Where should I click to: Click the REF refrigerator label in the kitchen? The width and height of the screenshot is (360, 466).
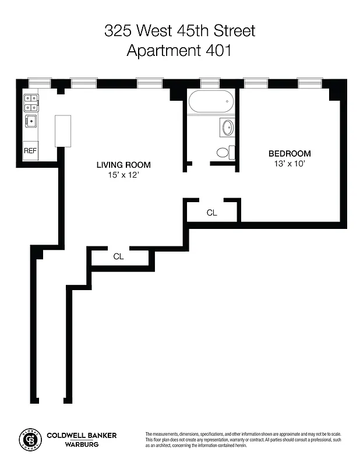(30, 150)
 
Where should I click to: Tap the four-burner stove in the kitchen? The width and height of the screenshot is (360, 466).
(31, 103)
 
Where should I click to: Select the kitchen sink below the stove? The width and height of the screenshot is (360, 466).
(30, 121)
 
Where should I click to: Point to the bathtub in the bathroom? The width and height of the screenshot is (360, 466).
(211, 103)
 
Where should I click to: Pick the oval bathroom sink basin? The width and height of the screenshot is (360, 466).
(226, 128)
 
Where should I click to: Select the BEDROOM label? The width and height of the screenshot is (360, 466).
(290, 154)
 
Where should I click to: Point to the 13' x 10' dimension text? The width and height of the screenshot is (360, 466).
(290, 164)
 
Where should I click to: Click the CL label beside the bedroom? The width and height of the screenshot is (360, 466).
(212, 213)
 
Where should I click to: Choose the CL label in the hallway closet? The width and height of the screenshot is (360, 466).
(118, 256)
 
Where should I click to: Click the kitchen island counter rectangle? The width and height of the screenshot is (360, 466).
(63, 130)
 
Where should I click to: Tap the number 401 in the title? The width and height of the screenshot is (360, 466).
(219, 51)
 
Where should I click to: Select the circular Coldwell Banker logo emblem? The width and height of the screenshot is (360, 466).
(29, 440)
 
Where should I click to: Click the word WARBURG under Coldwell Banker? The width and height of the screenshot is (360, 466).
(81, 445)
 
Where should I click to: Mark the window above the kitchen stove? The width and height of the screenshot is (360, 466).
(39, 83)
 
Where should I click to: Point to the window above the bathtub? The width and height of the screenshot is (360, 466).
(209, 83)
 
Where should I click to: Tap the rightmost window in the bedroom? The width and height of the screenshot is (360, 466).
(310, 83)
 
